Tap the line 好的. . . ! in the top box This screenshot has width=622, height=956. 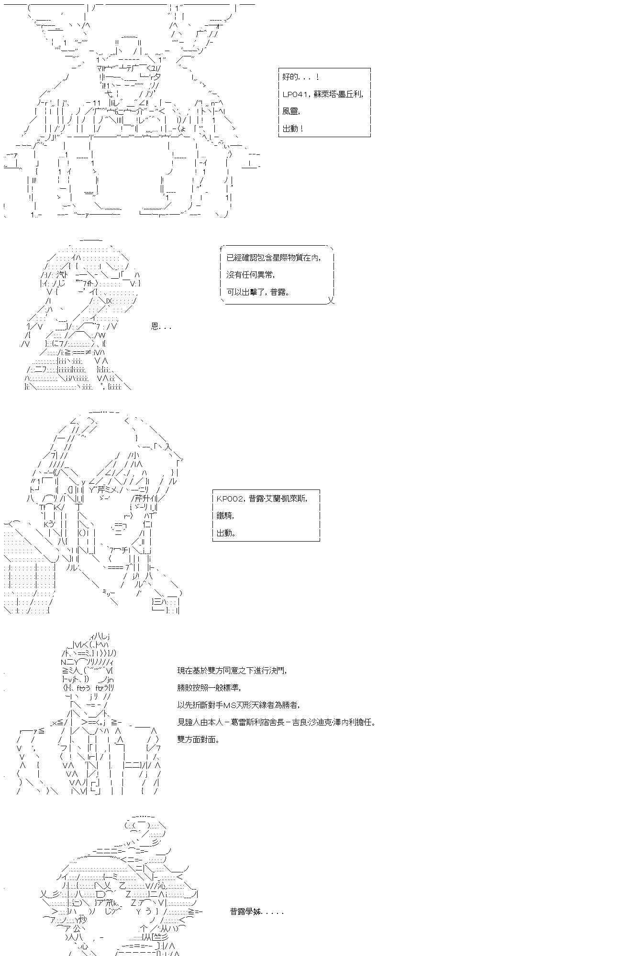click(301, 77)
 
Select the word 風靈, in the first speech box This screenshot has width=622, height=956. click(291, 111)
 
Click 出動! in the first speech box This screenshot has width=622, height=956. click(293, 129)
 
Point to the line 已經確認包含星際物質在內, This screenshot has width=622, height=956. click(273, 258)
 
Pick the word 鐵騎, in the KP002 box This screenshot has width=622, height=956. click(225, 516)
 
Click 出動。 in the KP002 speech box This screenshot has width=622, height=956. click(226, 533)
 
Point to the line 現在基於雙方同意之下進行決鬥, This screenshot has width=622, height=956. click(232, 671)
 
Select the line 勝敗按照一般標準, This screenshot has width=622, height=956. click(209, 688)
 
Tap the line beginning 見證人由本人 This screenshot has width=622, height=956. click(276, 722)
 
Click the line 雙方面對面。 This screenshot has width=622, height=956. click(199, 739)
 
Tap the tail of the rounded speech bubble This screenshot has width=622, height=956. click(331, 300)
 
